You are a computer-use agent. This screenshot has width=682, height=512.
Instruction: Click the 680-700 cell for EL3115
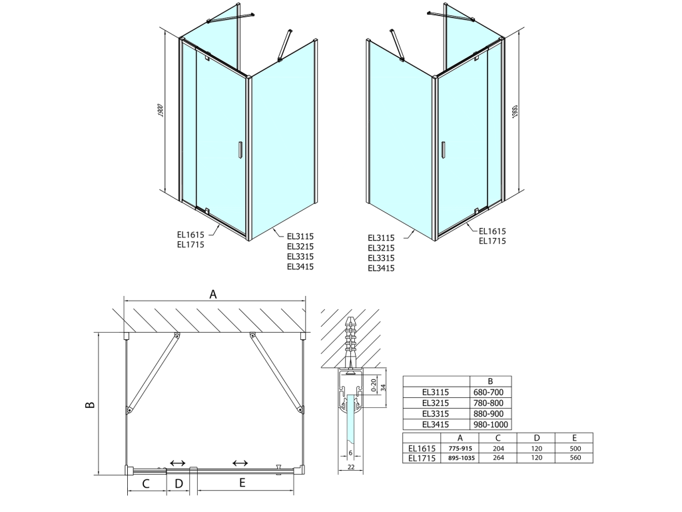488,392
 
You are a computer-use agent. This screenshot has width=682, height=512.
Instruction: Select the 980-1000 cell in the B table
490,425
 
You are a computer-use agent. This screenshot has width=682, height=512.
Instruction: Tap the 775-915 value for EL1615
460,449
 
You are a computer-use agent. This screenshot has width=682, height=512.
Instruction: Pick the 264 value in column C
498,457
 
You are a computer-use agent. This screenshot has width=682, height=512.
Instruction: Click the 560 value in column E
575,457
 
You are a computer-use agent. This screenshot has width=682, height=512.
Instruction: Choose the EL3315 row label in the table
436,413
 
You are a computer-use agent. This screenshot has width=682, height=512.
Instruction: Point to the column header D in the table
537,438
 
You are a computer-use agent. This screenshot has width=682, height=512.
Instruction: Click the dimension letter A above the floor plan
212,295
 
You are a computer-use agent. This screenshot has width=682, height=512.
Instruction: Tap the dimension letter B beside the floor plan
90,405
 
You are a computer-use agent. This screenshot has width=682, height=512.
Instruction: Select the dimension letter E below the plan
242,483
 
